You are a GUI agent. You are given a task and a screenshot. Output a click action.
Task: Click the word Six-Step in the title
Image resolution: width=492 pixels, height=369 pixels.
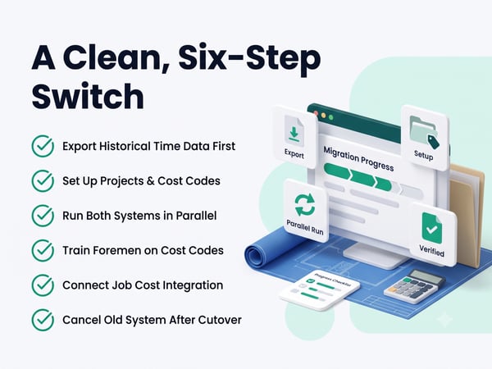point(249,59)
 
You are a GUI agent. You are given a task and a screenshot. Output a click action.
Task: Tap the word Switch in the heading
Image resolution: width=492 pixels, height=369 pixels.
point(88,95)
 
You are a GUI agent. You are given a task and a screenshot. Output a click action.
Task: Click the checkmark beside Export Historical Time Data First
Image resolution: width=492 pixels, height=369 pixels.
point(43,146)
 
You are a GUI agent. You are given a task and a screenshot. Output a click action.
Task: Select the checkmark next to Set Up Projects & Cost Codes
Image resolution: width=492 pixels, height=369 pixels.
point(43,180)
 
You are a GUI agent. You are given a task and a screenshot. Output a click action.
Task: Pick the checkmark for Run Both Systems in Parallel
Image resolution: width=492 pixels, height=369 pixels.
point(43,216)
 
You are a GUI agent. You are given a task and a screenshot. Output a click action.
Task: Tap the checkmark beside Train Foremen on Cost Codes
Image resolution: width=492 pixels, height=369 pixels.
point(43,250)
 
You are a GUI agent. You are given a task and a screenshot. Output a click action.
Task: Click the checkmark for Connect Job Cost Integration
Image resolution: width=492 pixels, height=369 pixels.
point(43,285)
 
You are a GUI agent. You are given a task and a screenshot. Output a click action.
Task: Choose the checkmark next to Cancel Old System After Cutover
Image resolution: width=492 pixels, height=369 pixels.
point(43,320)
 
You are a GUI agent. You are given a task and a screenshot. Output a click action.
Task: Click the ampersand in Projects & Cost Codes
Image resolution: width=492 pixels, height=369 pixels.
point(147,181)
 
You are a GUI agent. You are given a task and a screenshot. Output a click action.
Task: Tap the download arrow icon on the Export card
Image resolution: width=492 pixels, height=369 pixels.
point(294,132)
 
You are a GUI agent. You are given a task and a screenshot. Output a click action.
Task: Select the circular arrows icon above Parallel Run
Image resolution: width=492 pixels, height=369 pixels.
point(305,205)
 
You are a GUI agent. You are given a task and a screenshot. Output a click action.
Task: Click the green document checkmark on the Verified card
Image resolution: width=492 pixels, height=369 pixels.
point(432,228)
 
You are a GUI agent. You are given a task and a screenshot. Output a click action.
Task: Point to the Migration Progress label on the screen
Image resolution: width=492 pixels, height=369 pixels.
point(358,159)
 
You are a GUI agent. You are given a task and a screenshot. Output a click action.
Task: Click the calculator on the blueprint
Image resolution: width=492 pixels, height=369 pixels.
point(414,286)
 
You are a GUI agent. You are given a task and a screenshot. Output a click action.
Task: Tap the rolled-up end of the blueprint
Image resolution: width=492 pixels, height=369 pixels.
point(255,253)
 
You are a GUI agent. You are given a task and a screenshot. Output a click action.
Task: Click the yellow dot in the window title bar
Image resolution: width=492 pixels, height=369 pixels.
point(324,116)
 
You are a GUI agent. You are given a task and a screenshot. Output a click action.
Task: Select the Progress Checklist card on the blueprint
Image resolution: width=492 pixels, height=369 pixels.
point(320,290)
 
